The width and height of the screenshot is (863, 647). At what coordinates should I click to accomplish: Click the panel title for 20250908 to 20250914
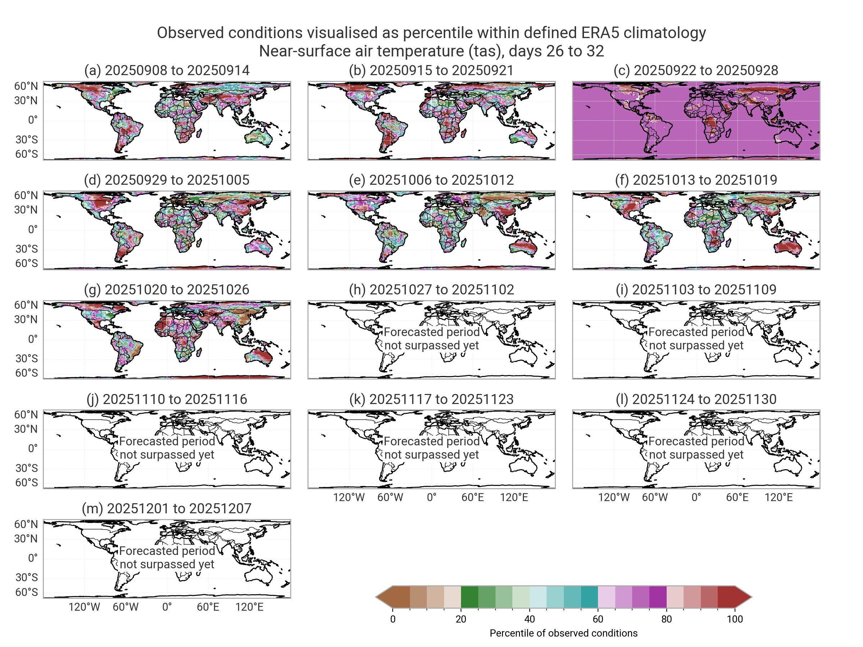(x=166, y=70)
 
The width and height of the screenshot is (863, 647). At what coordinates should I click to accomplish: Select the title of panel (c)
(x=696, y=70)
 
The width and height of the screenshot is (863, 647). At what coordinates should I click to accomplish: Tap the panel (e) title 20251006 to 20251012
(x=431, y=180)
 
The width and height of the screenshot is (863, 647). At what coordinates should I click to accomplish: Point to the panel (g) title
(x=166, y=289)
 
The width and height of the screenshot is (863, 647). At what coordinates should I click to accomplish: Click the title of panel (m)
(x=166, y=508)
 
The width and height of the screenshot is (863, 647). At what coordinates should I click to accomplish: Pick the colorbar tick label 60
(x=598, y=619)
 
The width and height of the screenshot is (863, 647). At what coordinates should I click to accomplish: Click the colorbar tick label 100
(x=735, y=619)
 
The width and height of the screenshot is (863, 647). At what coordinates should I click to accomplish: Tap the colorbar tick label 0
(x=393, y=619)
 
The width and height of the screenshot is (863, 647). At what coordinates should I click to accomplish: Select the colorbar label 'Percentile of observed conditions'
(x=563, y=633)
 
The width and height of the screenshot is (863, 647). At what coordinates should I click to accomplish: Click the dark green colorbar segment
(x=469, y=597)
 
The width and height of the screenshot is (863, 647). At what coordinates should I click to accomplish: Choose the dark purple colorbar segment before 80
(x=658, y=597)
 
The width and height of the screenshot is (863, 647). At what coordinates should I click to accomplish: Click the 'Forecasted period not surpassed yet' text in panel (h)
(x=431, y=339)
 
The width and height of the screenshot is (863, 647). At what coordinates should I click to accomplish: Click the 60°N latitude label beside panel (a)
(x=26, y=86)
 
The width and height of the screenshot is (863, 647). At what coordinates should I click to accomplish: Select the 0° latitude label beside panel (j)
(x=33, y=448)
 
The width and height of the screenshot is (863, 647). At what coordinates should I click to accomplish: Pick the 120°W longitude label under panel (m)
(x=84, y=607)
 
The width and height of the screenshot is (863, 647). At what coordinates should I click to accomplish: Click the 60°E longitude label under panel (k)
(x=472, y=497)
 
